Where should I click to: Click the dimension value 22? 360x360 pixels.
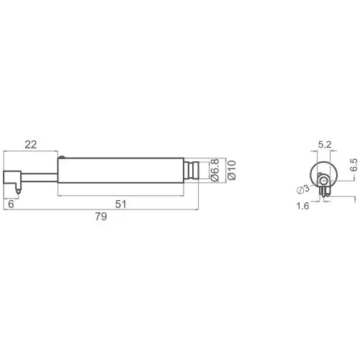pos(31,145)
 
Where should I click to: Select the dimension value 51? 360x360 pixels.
pos(121,204)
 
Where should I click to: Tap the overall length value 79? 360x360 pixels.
pos(101,217)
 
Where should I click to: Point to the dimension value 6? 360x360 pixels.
pos(11,204)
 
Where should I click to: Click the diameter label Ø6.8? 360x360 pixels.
pos(215,170)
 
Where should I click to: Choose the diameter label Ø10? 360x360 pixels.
pos(232,170)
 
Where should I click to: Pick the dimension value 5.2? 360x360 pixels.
pos(325,145)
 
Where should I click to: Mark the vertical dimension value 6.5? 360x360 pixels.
pos(354,165)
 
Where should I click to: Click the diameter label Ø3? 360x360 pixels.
pos(303,189)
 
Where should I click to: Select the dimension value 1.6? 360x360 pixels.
pos(303,206)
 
